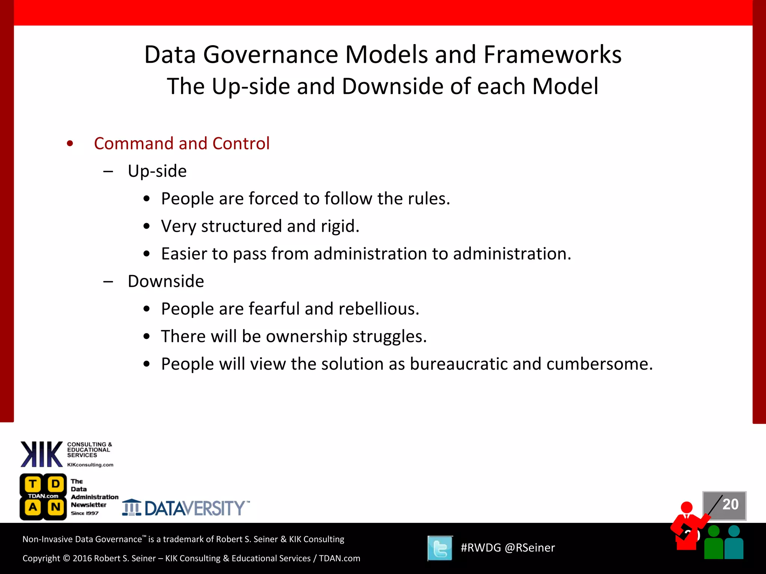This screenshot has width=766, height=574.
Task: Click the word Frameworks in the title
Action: pyautogui.click(x=552, y=55)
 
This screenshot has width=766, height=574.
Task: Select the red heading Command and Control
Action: pyautogui.click(x=181, y=143)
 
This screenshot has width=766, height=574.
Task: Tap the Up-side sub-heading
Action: pyautogui.click(x=157, y=171)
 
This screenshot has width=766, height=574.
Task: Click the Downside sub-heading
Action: pyautogui.click(x=166, y=281)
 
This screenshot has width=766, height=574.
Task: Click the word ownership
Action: pyautogui.click(x=306, y=336)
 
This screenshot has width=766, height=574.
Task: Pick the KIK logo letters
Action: pyautogui.click(x=42, y=454)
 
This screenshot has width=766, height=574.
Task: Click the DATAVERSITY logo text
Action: pyautogui.click(x=194, y=509)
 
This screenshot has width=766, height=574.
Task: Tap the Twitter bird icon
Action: pyautogui.click(x=440, y=548)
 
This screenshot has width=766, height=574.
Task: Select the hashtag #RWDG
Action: pyautogui.click(x=480, y=548)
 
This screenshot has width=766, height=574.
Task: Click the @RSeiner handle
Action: pyautogui.click(x=530, y=548)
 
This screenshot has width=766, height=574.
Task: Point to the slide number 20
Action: pyautogui.click(x=730, y=504)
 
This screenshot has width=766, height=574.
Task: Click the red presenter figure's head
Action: pyautogui.click(x=687, y=507)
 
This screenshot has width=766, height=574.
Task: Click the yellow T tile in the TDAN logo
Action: pyautogui.click(x=33, y=484)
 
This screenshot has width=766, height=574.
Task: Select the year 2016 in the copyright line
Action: pyautogui.click(x=82, y=558)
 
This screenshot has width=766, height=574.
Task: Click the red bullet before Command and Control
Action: pyautogui.click(x=70, y=143)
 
